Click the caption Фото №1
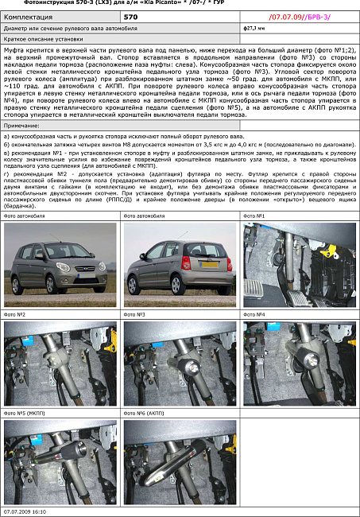click(x=254, y=216)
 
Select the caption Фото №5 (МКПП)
click(x=25, y=414)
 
